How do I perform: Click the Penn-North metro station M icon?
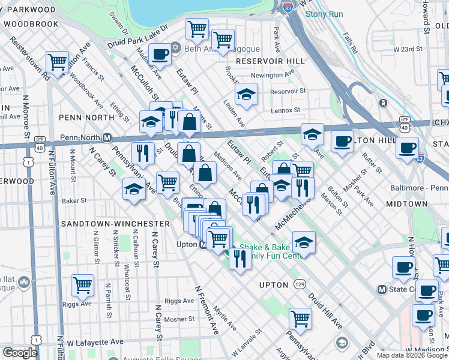coord(107,137)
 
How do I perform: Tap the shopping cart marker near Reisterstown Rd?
coord(57,61)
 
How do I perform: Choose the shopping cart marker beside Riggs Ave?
coord(82,285)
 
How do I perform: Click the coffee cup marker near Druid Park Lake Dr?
coord(160,54)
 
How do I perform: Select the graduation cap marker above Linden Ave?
coord(246,94)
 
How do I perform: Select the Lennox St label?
coord(285,110)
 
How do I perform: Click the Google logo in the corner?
coord(20,353)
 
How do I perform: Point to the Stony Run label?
coord(324,14)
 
